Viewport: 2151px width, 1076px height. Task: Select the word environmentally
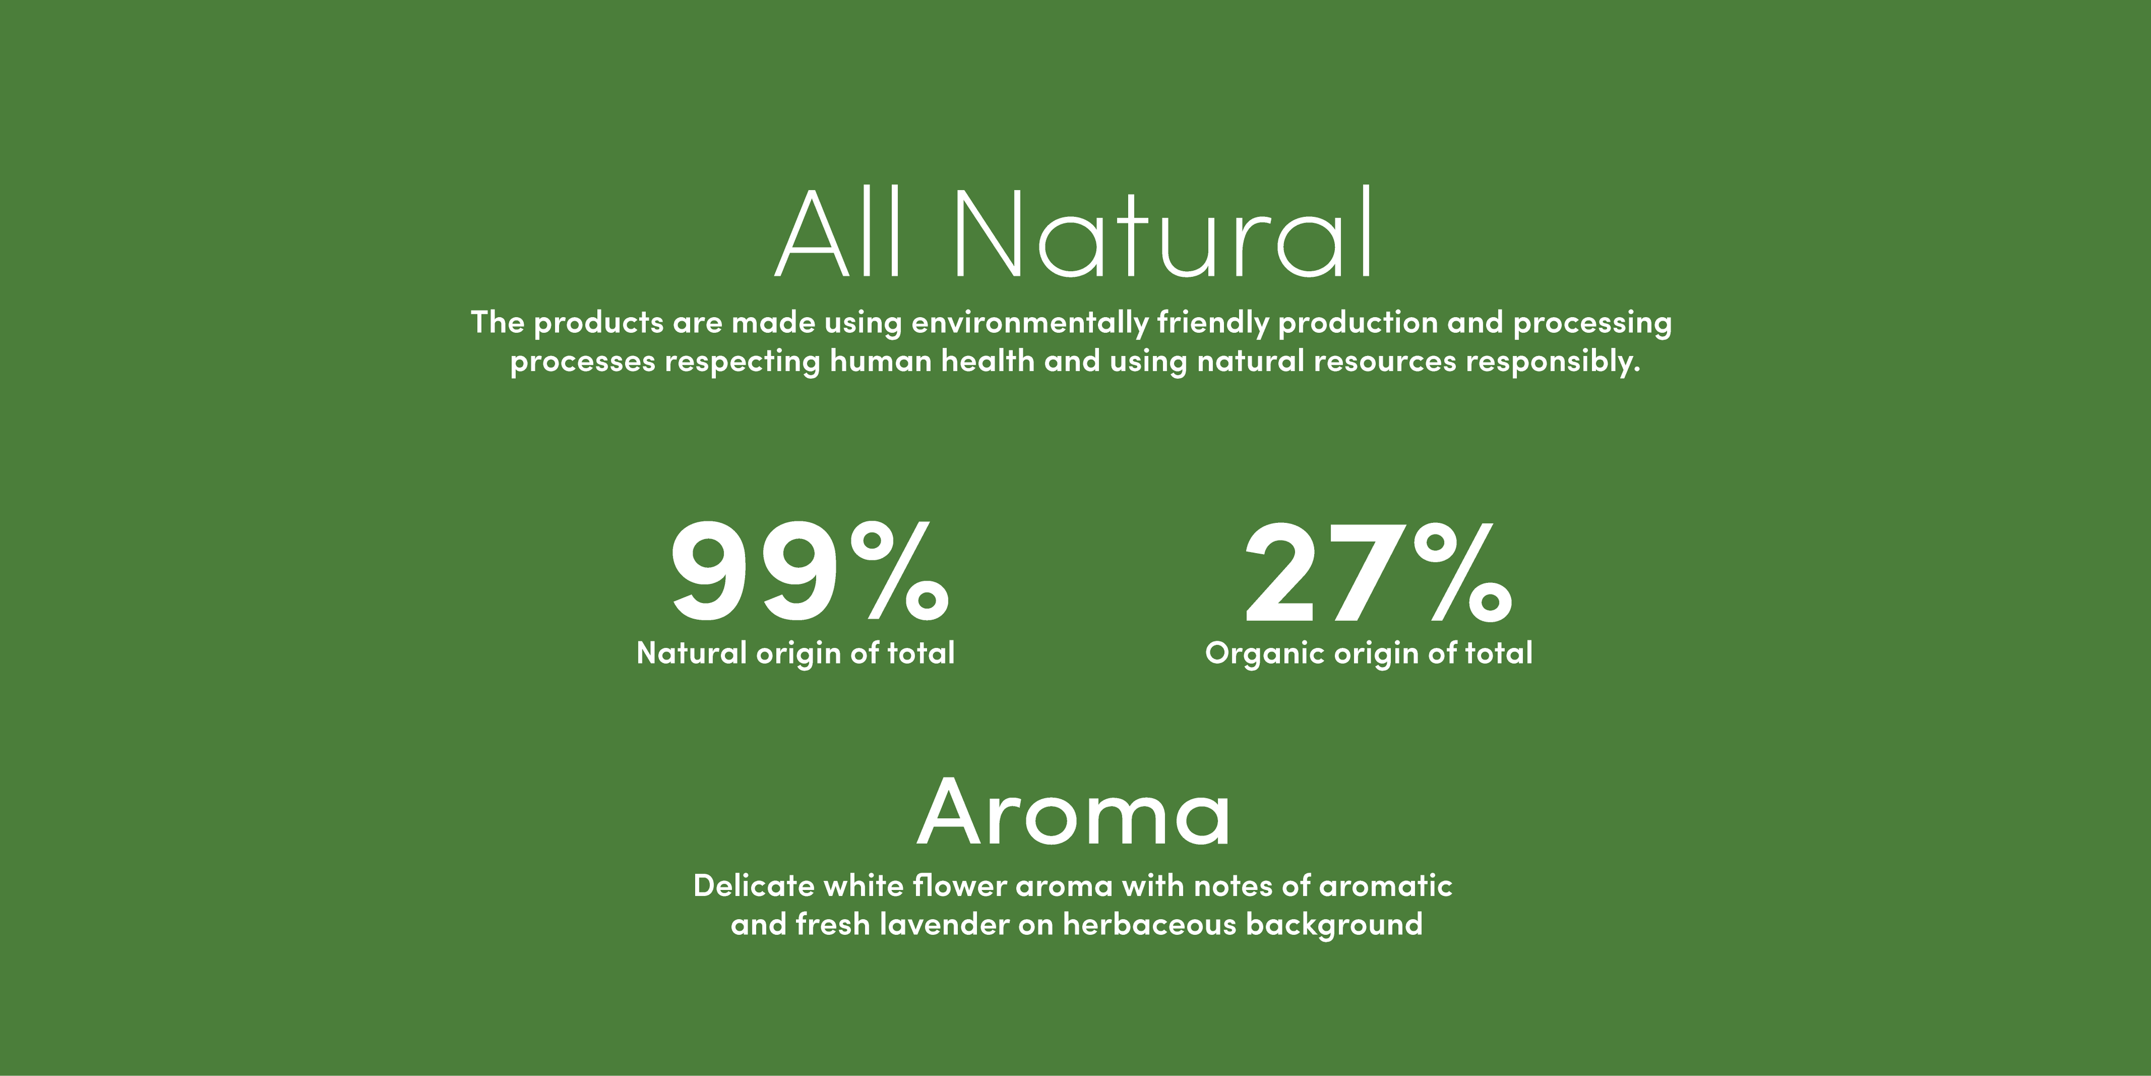(x=1030, y=323)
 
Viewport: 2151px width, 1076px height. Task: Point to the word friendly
(x=1213, y=323)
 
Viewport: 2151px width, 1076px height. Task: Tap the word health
(x=988, y=361)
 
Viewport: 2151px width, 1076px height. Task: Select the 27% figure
(x=1379, y=572)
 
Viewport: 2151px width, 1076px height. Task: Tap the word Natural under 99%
(x=691, y=652)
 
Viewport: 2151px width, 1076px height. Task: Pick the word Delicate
(x=754, y=885)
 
